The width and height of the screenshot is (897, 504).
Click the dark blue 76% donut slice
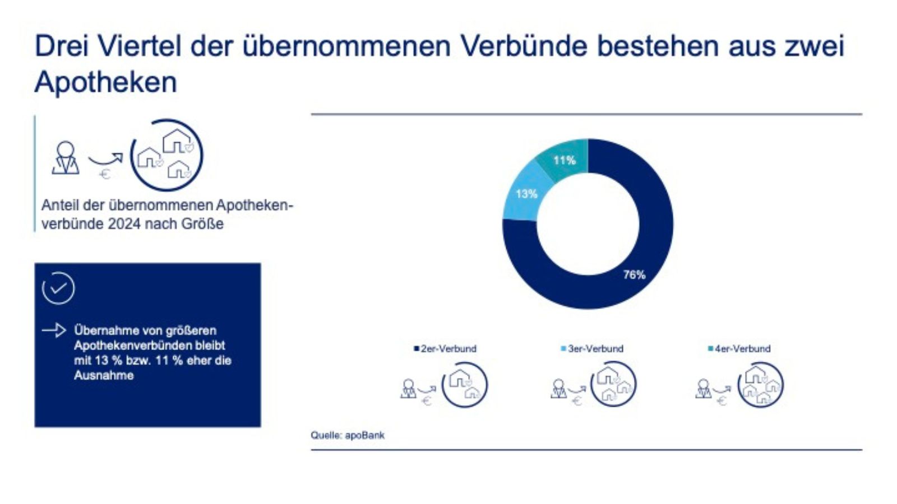point(645,246)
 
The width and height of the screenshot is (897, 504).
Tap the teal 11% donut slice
point(563,157)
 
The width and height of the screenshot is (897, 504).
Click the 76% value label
point(634,274)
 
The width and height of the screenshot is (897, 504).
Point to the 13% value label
point(526,194)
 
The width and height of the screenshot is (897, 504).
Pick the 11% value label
point(565,160)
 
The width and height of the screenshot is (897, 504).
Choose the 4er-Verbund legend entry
point(739,348)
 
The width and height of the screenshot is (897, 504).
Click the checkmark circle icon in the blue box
point(58,288)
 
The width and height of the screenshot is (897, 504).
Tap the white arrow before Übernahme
point(54,330)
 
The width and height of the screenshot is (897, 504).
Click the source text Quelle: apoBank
point(348,435)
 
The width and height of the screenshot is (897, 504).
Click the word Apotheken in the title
point(106,82)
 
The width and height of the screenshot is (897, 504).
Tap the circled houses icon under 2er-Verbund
point(465,384)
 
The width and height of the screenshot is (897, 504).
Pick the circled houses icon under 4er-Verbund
point(761,384)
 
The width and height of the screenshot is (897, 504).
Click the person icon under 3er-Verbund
point(558,388)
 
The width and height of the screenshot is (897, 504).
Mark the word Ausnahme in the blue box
point(104,375)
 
